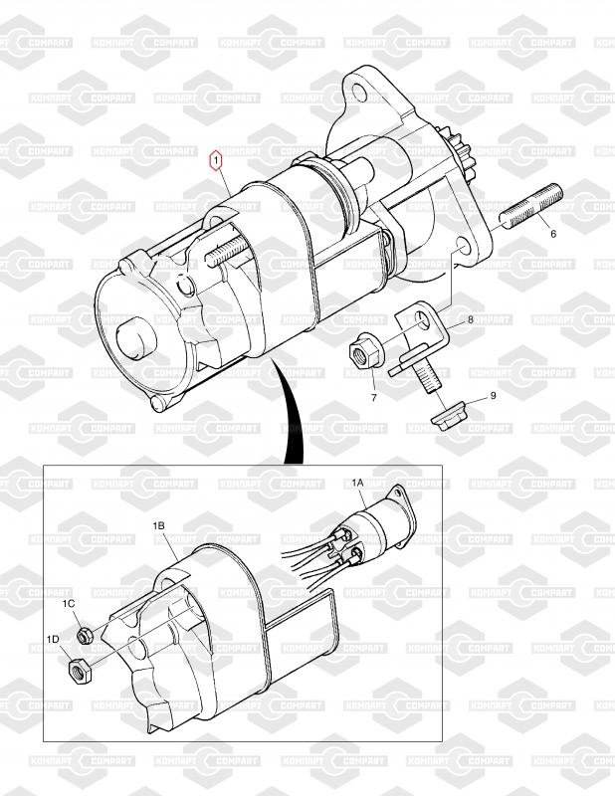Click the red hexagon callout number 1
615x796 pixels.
point(216,160)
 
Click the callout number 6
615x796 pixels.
point(553,234)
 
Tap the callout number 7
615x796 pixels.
point(374,398)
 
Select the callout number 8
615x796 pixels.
point(471,319)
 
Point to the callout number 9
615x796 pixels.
point(493,395)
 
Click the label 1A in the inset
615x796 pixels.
point(358,484)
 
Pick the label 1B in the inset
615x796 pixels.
point(158,526)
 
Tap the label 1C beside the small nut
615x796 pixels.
point(69,603)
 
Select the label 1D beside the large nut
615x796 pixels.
point(53,639)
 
